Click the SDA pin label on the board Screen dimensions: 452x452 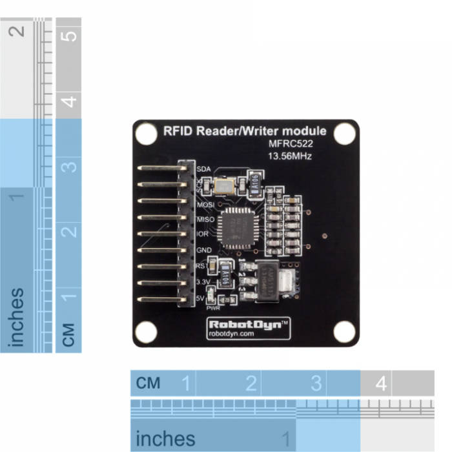[x=204, y=169]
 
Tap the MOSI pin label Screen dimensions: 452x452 [x=206, y=205]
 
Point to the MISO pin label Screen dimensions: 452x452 [x=206, y=220]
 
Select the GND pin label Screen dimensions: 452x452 [x=205, y=250]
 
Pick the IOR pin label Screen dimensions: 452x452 [x=203, y=234]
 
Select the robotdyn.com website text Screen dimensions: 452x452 [x=232, y=334]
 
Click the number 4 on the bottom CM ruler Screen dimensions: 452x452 [x=381, y=384]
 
